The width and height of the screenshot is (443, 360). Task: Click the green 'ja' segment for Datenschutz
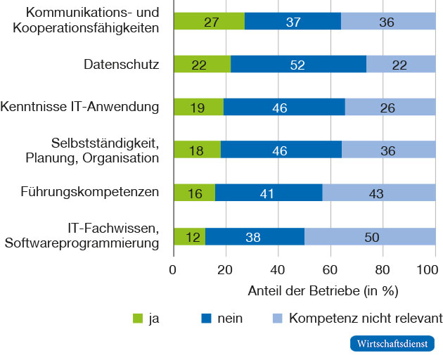pyautogui.click(x=202, y=64)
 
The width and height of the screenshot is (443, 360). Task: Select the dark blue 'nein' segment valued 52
pyautogui.click(x=298, y=64)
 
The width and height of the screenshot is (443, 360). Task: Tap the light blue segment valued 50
pyautogui.click(x=370, y=236)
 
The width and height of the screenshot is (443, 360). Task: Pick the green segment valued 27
pyautogui.click(x=209, y=21)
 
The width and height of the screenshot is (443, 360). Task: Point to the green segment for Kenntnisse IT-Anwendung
pyautogui.click(x=198, y=107)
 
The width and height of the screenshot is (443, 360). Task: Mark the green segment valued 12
pyautogui.click(x=189, y=236)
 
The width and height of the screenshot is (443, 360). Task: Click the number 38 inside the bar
pyautogui.click(x=254, y=237)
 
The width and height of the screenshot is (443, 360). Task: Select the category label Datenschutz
pyautogui.click(x=121, y=65)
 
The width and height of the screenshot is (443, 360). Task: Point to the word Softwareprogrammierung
pyautogui.click(x=82, y=243)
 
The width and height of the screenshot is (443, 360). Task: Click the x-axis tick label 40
pyautogui.click(x=278, y=269)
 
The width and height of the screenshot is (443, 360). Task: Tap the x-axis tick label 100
pyautogui.click(x=426, y=269)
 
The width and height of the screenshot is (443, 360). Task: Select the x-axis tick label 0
pyautogui.click(x=173, y=269)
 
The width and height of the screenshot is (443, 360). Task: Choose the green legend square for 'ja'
pyautogui.click(x=138, y=319)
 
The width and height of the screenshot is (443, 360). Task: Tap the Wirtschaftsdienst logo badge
pyautogui.click(x=392, y=345)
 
